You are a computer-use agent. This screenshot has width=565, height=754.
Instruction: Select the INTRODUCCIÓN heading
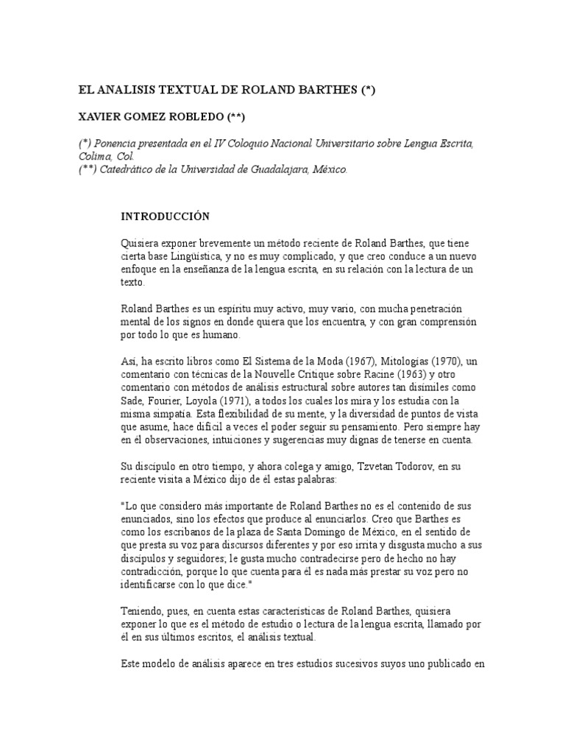click(165, 216)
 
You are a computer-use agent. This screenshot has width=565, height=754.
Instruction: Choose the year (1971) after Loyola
click(227, 401)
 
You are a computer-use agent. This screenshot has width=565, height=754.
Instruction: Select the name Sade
click(130, 401)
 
